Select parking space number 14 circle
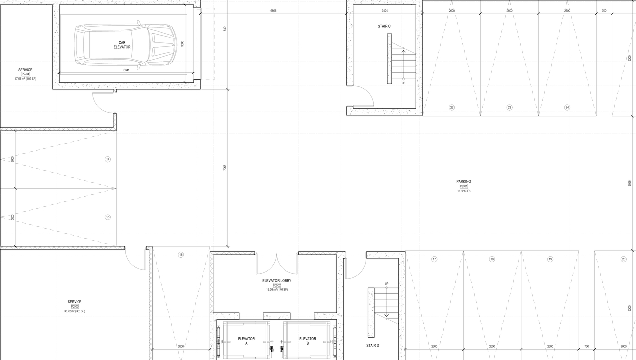point(108,159)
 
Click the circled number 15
point(108,217)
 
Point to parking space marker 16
point(181,255)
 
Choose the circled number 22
point(452,107)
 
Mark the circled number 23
point(509,107)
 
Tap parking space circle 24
point(567,107)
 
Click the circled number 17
point(434,259)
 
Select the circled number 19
point(550,259)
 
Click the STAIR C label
point(384,26)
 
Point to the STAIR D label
point(373,345)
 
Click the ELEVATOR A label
point(246,341)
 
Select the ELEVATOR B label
point(308,341)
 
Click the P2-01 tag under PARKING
point(464,186)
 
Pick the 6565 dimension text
point(273,10)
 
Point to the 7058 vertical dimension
point(225,168)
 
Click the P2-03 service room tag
point(75,307)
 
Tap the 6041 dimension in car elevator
point(127,70)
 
